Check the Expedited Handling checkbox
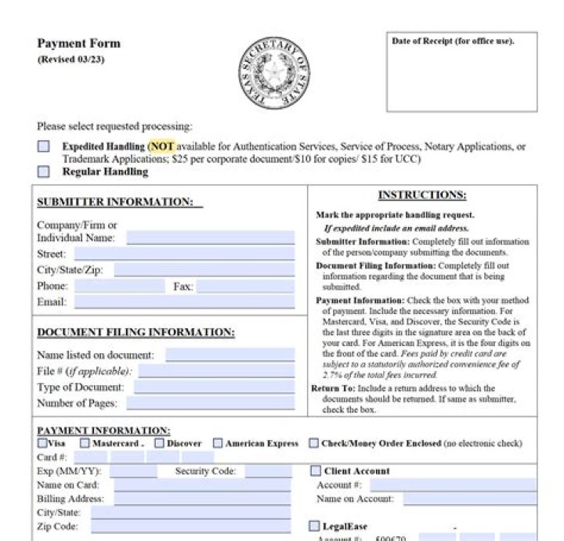coord(43,146)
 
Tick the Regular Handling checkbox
coord(43,171)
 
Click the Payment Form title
coord(79,44)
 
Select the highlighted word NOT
coord(162,146)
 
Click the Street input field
coord(184,254)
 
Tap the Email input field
coord(184,301)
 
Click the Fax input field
coord(245,286)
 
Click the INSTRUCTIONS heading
coord(421,195)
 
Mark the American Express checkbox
coord(218,443)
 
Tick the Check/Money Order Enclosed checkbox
coord(314,443)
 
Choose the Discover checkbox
coord(160,443)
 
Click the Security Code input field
coord(269,471)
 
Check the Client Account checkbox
coord(316,471)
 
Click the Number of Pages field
coord(210,403)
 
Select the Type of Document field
coord(214,387)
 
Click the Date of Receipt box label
coord(453,41)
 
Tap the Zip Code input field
coord(192,527)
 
